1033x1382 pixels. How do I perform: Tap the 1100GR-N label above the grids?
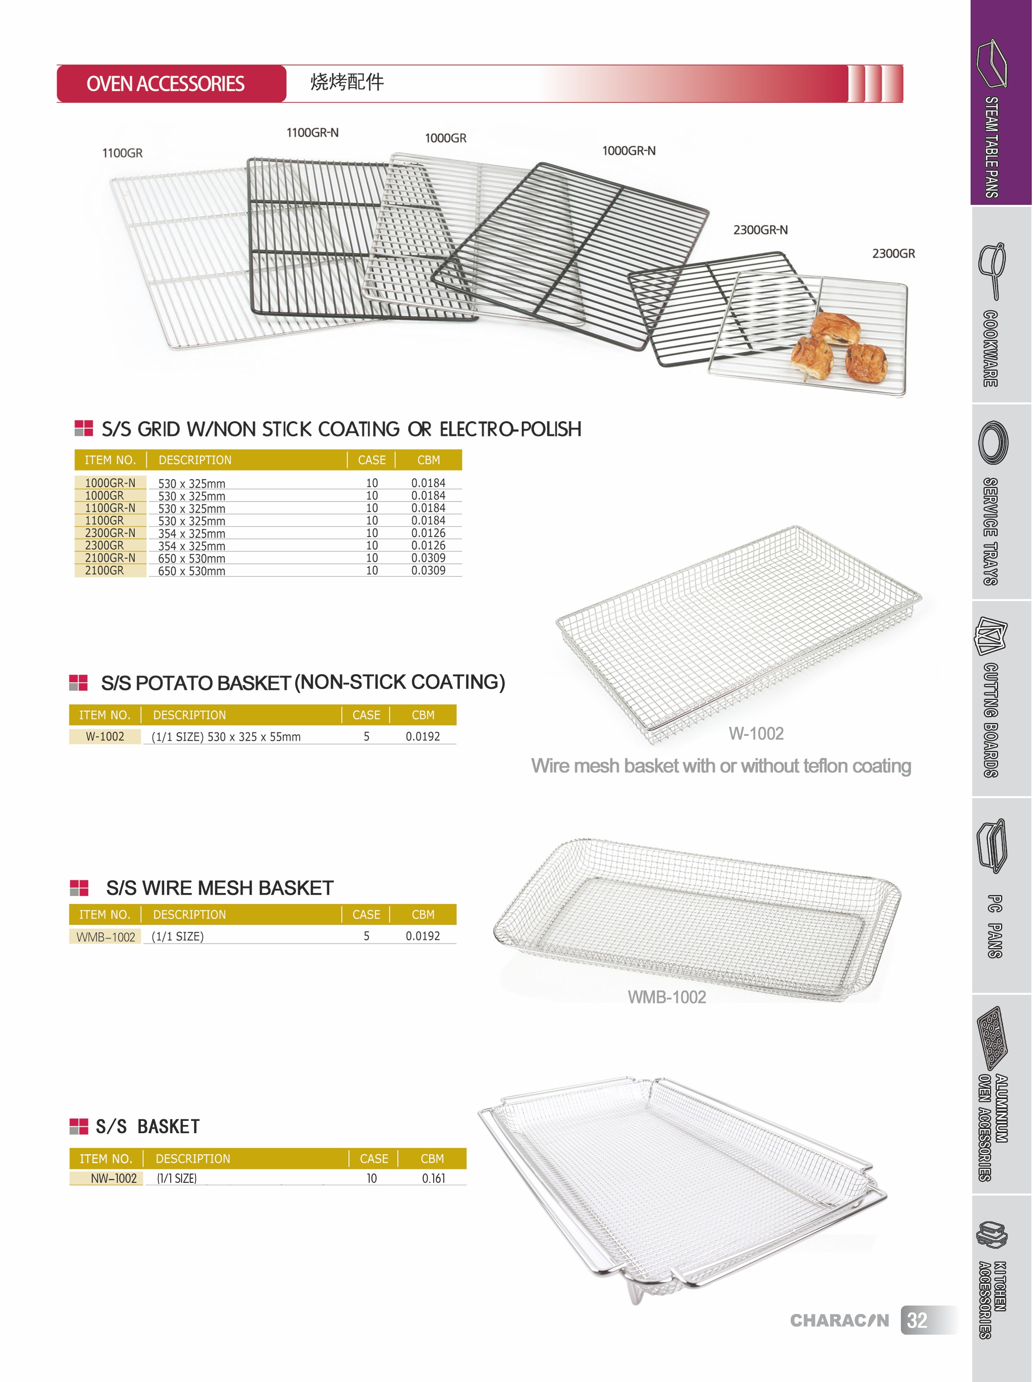(x=312, y=133)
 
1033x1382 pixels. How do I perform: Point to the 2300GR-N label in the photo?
(x=760, y=230)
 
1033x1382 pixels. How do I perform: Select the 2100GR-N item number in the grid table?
(x=110, y=558)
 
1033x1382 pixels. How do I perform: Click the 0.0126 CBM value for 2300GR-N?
(x=429, y=533)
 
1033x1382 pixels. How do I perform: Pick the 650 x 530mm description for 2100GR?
(x=191, y=570)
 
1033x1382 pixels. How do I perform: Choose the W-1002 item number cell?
(x=105, y=737)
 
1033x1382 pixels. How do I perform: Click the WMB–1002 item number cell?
(x=106, y=937)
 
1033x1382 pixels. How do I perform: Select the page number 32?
(x=917, y=1320)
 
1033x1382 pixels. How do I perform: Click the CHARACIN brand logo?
(x=839, y=1320)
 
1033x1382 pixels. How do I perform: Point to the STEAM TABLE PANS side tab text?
(x=991, y=147)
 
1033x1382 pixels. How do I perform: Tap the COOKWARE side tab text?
(x=990, y=348)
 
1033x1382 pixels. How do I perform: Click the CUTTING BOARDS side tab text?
(x=990, y=720)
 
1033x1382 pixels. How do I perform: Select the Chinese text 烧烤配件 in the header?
(x=347, y=82)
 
